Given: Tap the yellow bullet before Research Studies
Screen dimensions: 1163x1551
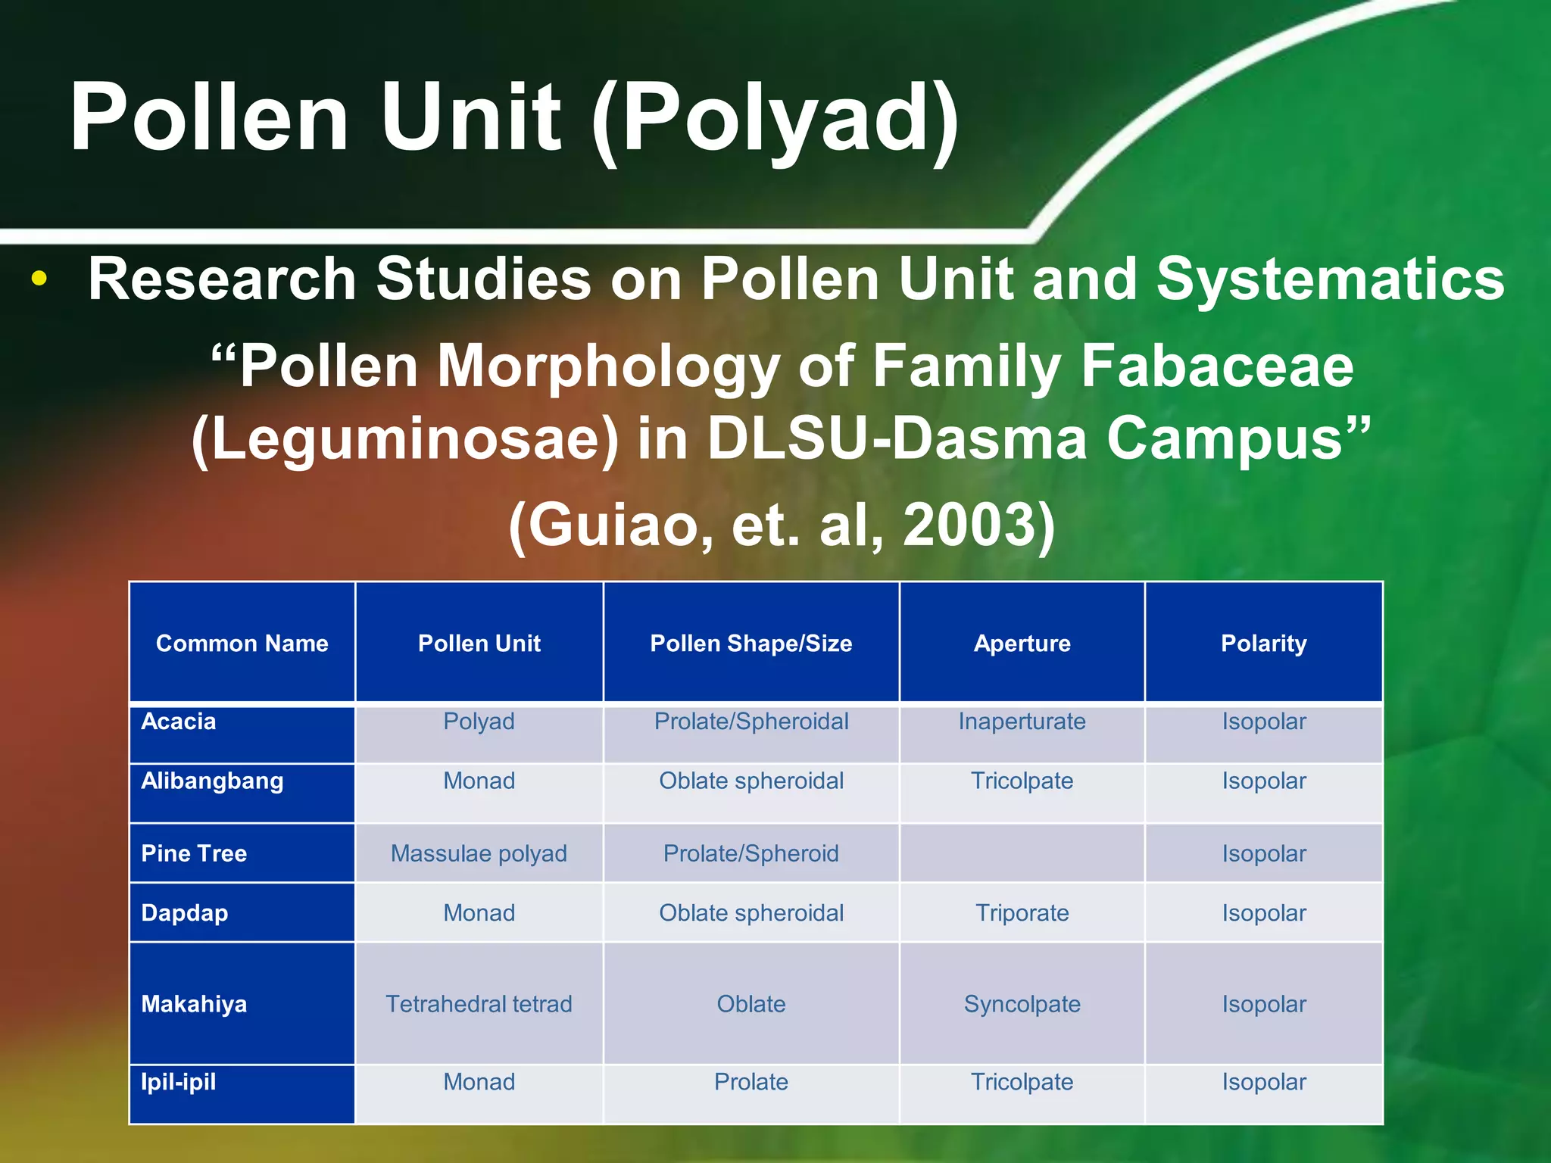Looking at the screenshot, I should click(39, 279).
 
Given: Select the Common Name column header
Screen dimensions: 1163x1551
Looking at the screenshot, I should click(242, 644).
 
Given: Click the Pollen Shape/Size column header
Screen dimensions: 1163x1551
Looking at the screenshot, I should click(751, 644).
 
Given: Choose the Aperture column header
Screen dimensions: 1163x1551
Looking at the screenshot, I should click(1022, 644).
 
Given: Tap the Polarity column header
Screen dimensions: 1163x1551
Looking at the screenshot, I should click(1263, 644).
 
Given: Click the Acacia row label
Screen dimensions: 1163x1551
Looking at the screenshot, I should click(179, 722).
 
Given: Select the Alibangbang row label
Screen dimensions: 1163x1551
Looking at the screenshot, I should click(212, 781).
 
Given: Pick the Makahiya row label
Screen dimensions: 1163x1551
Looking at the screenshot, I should click(194, 1004).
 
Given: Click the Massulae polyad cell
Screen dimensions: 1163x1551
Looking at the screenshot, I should click(479, 853).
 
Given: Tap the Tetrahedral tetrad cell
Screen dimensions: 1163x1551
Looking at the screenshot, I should click(479, 1004).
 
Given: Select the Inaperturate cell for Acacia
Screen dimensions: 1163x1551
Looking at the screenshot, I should click(1022, 722).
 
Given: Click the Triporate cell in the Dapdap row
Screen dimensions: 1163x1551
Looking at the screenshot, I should click(1022, 913).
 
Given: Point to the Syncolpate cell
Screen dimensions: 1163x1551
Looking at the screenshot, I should click(1022, 1004).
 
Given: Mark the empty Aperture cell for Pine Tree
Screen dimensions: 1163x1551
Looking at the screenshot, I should click(1022, 853).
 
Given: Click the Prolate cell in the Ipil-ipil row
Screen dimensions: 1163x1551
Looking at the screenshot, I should click(751, 1082).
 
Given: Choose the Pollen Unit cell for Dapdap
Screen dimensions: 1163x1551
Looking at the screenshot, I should click(479, 913).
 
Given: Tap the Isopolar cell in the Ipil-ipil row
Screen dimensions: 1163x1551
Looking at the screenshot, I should click(1263, 1082).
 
